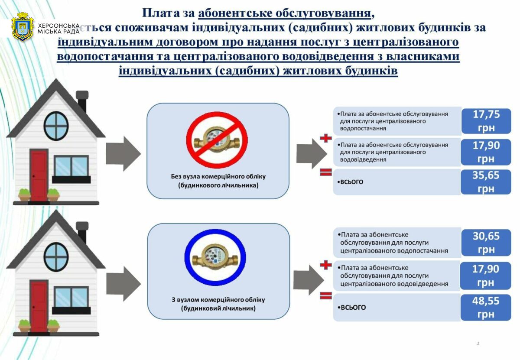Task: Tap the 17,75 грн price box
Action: [486, 121]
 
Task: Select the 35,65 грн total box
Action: [486, 182]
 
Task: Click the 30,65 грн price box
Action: [486, 243]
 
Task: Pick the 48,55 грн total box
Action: [486, 308]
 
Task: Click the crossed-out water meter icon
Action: [217, 139]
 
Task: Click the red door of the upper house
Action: [38, 175]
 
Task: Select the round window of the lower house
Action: [56, 256]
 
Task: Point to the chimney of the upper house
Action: [82, 101]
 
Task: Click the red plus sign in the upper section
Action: [325, 139]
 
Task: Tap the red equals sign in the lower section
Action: [325, 296]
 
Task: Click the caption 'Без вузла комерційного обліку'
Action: [218, 177]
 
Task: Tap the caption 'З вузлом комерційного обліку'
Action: [218, 300]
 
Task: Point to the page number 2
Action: [478, 344]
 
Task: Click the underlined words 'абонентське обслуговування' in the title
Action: [285, 13]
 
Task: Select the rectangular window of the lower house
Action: [71, 297]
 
